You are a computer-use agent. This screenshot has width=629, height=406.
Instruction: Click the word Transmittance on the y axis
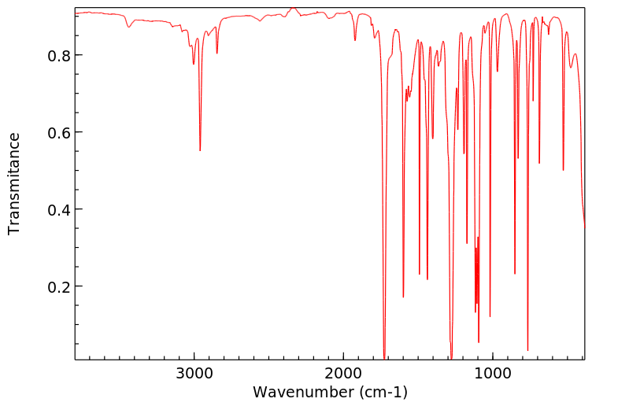(x=14, y=183)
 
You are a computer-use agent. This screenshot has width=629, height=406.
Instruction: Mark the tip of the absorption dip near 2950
(x=200, y=150)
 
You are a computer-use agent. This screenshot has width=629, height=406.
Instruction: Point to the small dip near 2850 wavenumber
(x=216, y=53)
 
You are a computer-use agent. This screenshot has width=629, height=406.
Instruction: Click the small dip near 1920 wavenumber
(x=355, y=40)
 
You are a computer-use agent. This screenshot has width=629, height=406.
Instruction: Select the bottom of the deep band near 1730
(x=384, y=356)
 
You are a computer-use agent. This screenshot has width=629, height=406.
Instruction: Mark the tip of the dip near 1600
(x=403, y=297)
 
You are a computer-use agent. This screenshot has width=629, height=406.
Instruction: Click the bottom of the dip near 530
(x=563, y=170)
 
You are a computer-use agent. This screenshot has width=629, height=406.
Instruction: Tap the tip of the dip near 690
(x=539, y=163)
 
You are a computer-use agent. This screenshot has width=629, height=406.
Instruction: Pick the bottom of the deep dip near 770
(x=527, y=349)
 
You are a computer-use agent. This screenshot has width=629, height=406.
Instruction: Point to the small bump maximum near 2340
(x=293, y=9)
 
